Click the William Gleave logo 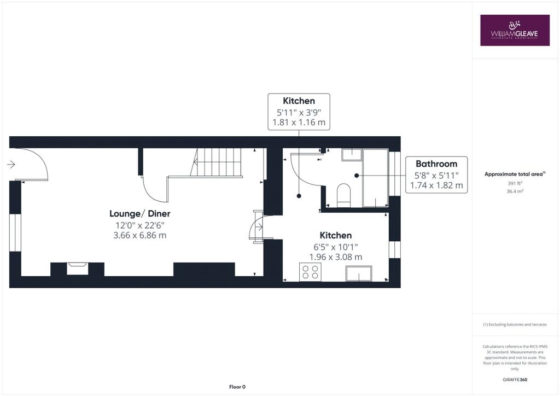[x=514, y=30]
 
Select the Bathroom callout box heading [x=436, y=164]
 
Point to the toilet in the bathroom [x=343, y=195]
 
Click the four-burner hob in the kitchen [x=310, y=272]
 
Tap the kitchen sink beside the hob [x=358, y=273]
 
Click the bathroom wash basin [x=351, y=155]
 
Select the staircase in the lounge [x=219, y=162]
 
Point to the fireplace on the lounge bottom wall [x=77, y=268]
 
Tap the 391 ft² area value [x=515, y=183]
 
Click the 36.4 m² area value [x=515, y=191]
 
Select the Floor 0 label [x=237, y=387]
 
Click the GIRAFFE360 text [x=515, y=379]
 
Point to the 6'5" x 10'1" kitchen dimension [x=335, y=246]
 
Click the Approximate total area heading [x=514, y=174]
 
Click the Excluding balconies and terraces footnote [x=515, y=324]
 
